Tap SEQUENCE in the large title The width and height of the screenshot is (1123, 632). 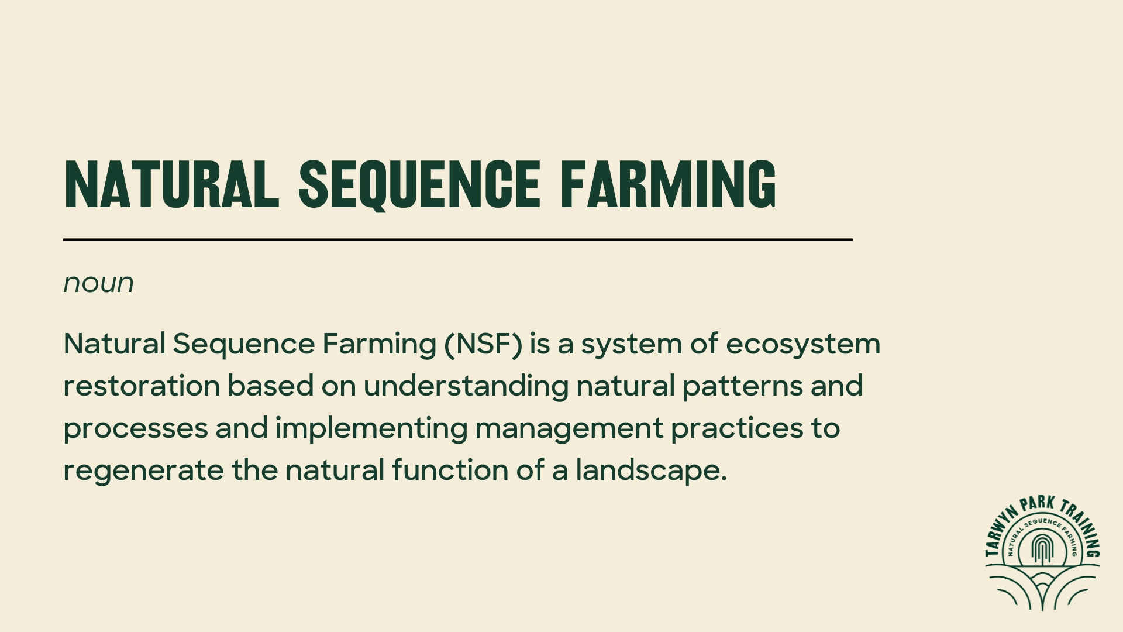click(419, 184)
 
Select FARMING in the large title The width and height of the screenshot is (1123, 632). click(668, 184)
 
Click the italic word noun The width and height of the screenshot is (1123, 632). click(98, 283)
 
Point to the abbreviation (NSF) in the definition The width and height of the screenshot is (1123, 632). click(483, 344)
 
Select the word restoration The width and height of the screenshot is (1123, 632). click(142, 386)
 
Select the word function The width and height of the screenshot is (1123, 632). click(450, 470)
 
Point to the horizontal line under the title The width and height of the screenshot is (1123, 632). click(457, 239)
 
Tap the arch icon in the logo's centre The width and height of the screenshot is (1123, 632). click(1042, 548)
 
